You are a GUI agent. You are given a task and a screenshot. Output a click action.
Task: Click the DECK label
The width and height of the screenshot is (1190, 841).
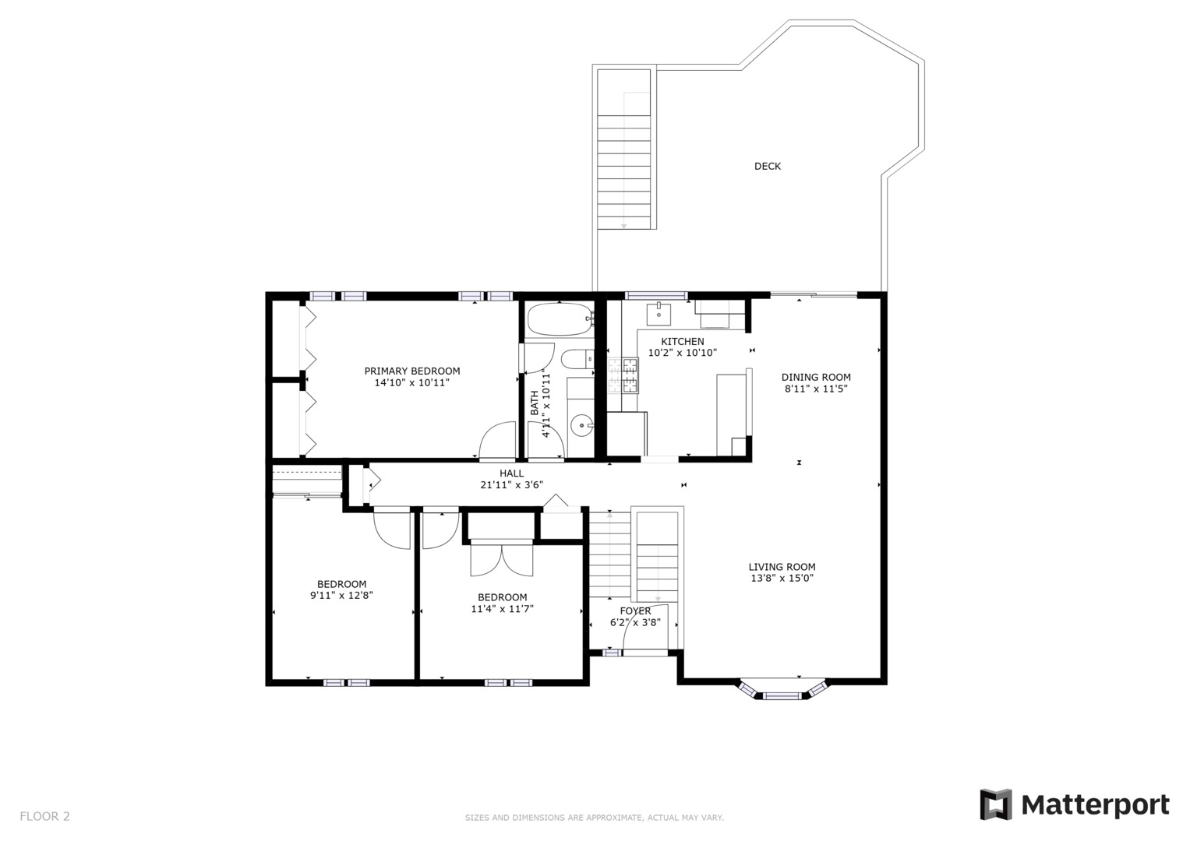767,166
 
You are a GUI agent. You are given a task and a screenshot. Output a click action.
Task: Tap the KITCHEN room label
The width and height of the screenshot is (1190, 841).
682,341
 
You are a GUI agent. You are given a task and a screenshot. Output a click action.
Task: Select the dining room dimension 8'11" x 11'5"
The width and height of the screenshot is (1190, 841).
815,389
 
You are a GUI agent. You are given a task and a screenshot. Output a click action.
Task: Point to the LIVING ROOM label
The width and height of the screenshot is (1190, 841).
782,567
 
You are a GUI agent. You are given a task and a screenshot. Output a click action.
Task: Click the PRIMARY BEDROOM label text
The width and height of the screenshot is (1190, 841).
411,371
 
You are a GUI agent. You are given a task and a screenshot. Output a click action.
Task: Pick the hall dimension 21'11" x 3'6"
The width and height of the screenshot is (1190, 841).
511,484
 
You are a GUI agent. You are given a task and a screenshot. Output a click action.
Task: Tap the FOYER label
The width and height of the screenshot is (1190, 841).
635,611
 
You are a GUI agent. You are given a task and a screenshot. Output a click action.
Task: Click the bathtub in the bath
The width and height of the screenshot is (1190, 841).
560,319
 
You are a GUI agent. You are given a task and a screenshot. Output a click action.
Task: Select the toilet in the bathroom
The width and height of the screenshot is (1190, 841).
577,360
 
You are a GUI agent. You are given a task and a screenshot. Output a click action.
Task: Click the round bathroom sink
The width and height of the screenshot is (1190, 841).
582,425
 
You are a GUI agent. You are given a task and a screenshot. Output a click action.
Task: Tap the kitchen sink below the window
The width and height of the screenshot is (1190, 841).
659,314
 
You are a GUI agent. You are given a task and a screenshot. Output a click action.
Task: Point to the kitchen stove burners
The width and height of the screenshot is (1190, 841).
623,376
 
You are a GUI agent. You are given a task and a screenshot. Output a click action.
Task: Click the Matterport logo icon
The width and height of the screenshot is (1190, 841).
995,804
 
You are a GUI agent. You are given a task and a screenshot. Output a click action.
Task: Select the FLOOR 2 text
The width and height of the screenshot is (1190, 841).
44,816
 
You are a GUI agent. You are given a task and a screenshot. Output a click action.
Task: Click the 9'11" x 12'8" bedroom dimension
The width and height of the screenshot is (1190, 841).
341,595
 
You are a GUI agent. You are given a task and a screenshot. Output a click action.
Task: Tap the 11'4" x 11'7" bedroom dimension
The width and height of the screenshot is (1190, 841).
502,608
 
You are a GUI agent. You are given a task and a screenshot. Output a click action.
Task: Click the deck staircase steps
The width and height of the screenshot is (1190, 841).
623,172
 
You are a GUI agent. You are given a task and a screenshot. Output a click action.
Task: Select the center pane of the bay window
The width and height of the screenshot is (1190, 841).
782,695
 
